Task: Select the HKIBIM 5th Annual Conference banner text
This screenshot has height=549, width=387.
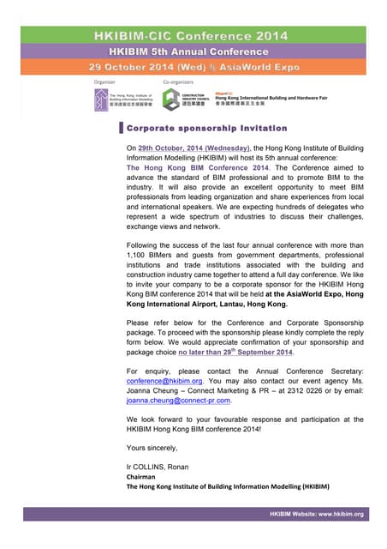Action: (x=192, y=51)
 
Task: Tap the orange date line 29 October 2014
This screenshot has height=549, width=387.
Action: (x=192, y=66)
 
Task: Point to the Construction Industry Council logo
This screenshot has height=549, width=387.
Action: (x=182, y=97)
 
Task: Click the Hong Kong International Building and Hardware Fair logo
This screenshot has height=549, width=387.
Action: (x=257, y=97)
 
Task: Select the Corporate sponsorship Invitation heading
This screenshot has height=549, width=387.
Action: (x=206, y=128)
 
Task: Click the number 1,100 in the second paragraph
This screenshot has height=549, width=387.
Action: (x=139, y=256)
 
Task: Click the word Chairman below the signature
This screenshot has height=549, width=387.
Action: (x=142, y=476)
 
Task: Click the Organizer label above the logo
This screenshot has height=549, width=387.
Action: (x=105, y=81)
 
